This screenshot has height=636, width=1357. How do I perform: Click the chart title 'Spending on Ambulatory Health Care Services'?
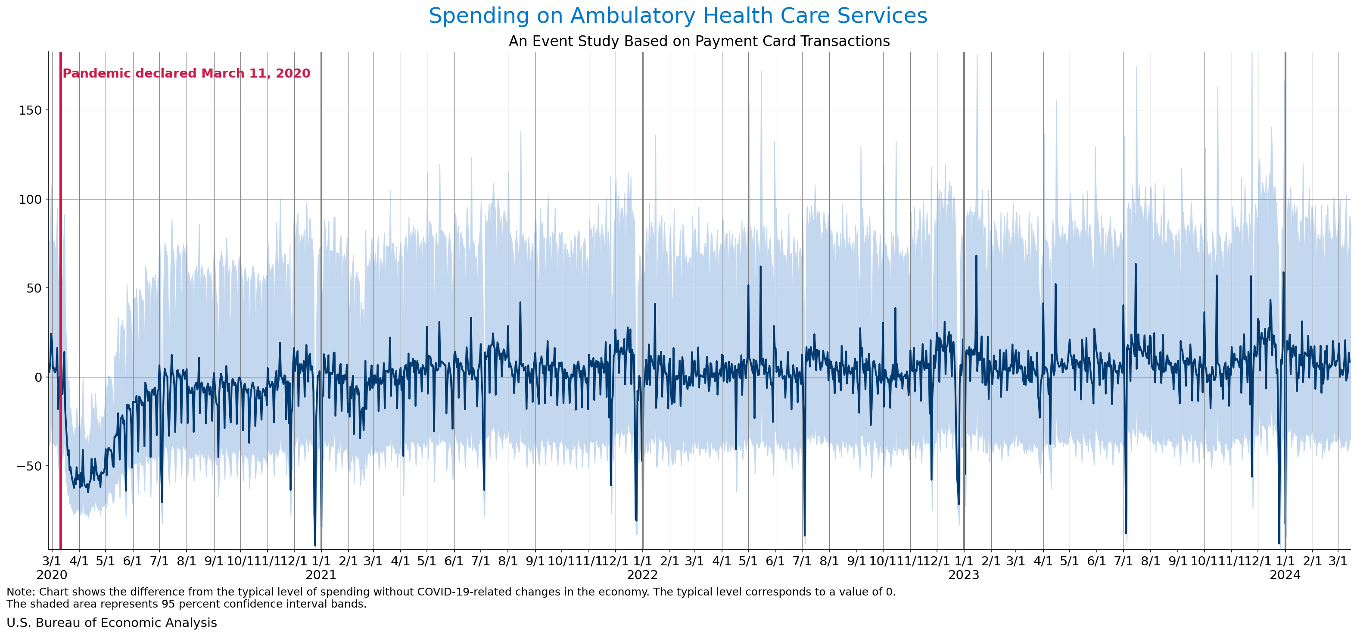point(678,16)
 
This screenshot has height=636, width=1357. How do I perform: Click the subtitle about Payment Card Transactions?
point(699,41)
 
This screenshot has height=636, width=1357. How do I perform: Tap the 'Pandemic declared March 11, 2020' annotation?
point(187,73)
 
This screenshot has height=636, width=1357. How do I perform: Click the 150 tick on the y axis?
point(31,110)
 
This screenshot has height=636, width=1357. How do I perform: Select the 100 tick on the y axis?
point(31,199)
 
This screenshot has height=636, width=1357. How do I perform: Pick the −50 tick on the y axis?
point(29,466)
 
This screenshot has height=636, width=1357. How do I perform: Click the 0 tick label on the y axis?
point(38,377)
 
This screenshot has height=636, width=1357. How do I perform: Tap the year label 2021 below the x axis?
point(321,575)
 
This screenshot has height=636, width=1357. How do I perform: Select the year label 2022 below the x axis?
point(642,575)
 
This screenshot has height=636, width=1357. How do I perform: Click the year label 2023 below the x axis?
point(964,575)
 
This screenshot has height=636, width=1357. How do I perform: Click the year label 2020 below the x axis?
point(52,575)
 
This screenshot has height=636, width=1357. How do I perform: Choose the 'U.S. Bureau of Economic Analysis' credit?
point(112,623)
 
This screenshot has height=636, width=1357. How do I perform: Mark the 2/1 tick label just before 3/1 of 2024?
point(1312,561)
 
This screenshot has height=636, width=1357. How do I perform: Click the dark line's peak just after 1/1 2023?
point(976,256)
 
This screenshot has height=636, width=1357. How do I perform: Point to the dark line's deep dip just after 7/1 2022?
point(804,535)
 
